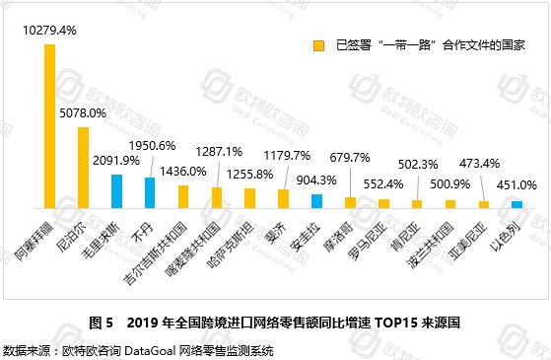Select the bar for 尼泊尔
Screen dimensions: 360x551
83,167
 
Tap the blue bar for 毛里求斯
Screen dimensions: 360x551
116,190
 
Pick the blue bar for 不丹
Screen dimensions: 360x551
150,191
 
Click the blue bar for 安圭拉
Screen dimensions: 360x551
316,200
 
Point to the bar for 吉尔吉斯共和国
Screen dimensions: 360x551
183,196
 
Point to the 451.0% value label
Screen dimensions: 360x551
517,183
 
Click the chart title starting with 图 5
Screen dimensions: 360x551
275,323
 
